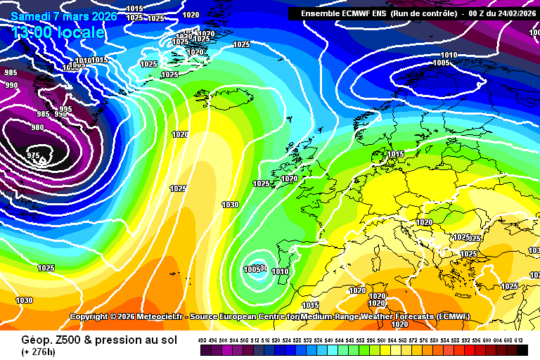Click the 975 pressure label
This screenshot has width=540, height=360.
point(33,155)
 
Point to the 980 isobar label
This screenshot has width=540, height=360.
point(37,127)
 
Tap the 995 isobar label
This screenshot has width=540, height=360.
point(66,109)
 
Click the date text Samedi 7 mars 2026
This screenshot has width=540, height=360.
point(64,15)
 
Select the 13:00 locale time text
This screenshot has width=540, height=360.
point(58,32)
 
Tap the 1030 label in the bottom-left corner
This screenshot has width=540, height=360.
point(24,300)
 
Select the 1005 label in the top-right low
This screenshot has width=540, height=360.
point(441,63)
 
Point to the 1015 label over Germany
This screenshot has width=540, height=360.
point(396,154)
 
